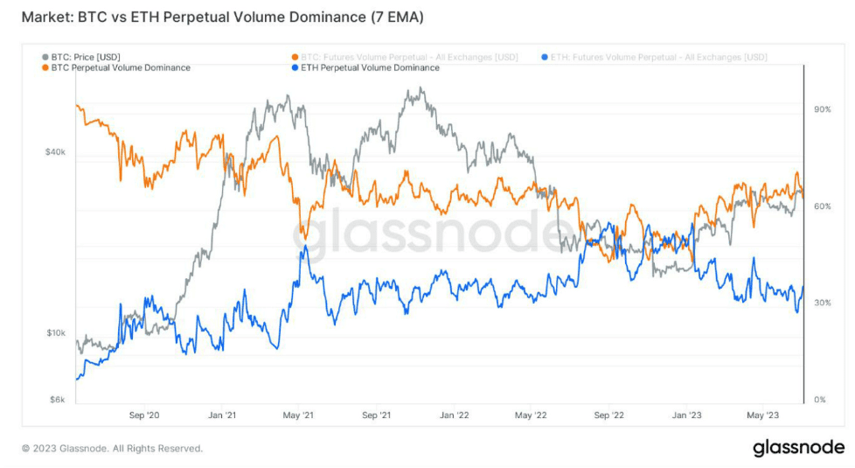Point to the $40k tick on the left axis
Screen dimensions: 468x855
click(x=55, y=152)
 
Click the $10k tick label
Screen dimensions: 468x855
click(x=55, y=333)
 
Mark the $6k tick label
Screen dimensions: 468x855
click(x=58, y=400)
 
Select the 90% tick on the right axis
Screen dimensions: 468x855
click(x=822, y=109)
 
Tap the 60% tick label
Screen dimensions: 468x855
click(x=822, y=206)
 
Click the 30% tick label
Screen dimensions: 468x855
click(x=822, y=303)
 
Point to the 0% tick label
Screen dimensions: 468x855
click(x=819, y=400)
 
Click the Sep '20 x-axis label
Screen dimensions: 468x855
click(x=144, y=416)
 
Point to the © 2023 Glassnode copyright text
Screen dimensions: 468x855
click(x=112, y=448)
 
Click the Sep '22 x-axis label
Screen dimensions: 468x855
click(x=610, y=416)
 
